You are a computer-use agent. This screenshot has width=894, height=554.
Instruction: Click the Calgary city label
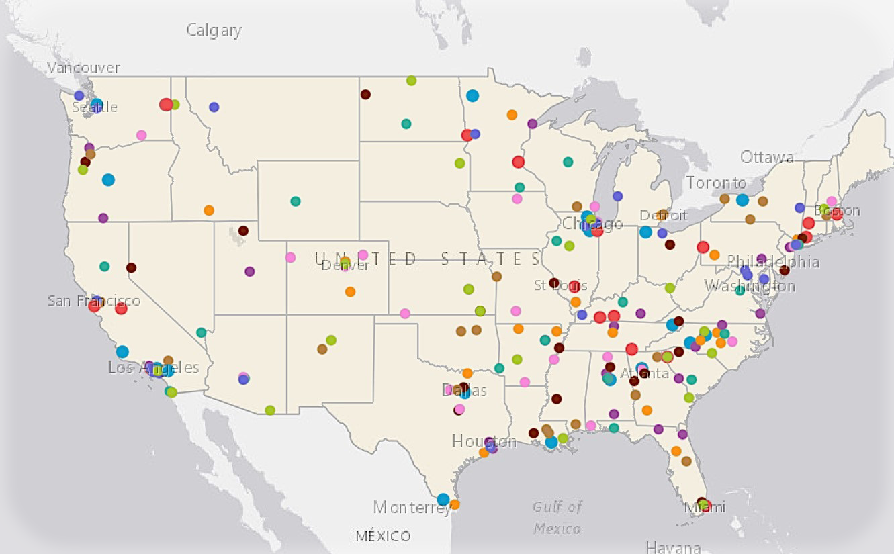tap(214, 30)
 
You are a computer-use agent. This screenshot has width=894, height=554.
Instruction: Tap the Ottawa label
tap(766, 157)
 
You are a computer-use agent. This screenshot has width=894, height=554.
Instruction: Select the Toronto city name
tap(716, 183)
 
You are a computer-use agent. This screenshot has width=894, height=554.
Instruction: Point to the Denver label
tap(346, 266)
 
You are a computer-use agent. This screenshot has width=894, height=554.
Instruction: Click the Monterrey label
tap(410, 507)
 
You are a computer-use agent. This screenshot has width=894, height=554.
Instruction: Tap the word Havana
tap(673, 547)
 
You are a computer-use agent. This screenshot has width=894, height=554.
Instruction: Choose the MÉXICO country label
tap(383, 536)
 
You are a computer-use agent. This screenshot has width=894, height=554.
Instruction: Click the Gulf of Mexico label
tap(557, 518)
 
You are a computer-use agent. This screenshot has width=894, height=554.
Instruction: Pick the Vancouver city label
tap(83, 68)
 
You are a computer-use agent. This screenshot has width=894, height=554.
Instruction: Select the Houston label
tap(484, 441)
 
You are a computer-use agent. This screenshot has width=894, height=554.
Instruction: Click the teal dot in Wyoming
tap(296, 201)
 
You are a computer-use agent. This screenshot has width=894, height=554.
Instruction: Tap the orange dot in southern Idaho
tap(209, 210)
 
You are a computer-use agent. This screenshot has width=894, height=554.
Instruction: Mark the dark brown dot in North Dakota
tap(365, 95)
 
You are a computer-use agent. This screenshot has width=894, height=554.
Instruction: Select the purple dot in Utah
tap(250, 271)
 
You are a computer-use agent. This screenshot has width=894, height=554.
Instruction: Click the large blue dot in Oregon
tap(108, 179)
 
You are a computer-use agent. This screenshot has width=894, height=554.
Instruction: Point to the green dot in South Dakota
tap(459, 163)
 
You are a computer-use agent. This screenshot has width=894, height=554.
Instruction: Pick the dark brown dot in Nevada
tap(131, 267)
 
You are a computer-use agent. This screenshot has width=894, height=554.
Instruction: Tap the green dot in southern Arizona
tap(270, 410)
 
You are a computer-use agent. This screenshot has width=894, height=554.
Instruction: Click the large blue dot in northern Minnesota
tap(472, 95)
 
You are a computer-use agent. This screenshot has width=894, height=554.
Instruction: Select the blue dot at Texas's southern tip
tap(443, 499)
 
